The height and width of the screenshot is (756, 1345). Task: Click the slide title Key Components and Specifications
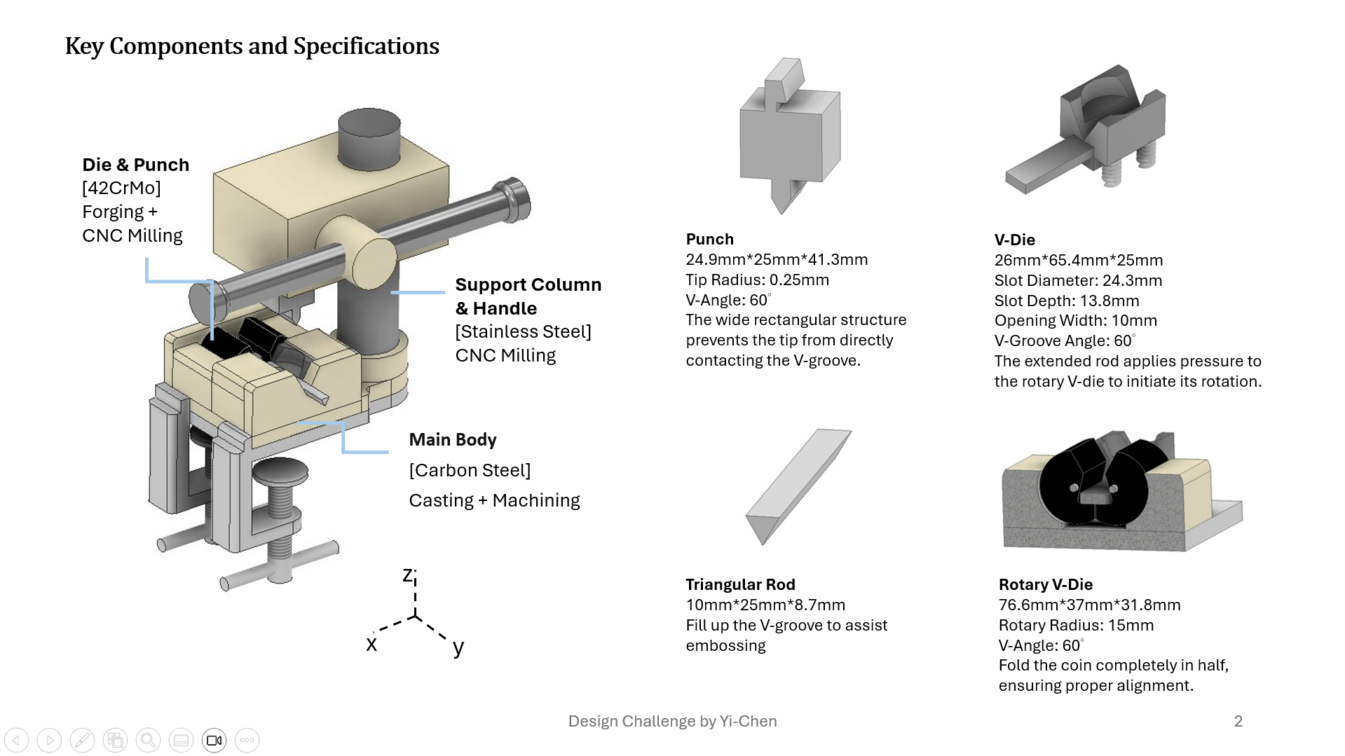point(252,46)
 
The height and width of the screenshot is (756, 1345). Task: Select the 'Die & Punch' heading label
point(136,165)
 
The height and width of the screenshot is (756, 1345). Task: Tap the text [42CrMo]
point(121,188)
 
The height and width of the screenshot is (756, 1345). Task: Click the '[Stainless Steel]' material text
point(524,331)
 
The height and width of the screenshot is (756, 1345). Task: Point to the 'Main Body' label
point(453,439)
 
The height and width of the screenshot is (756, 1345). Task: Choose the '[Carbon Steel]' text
point(470,470)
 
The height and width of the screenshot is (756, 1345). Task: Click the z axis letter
point(408,575)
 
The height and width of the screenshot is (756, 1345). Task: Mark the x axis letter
point(371,644)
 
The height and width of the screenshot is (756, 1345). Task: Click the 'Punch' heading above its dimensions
point(710,239)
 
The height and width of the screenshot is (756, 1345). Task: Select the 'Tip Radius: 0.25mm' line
point(758,280)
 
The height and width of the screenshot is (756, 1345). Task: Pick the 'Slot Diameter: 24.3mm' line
point(1078,280)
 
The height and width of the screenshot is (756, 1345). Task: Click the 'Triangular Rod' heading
point(741,584)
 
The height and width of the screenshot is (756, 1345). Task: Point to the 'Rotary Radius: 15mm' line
point(1076,625)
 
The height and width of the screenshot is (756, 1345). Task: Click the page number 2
point(1238,721)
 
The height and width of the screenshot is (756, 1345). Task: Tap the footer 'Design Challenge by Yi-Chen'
point(673,721)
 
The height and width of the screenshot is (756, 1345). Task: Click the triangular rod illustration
point(798,487)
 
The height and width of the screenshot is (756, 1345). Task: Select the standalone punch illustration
point(790,136)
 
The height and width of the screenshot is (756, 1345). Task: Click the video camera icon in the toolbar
point(214,740)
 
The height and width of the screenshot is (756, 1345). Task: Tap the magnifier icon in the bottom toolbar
point(149,740)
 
